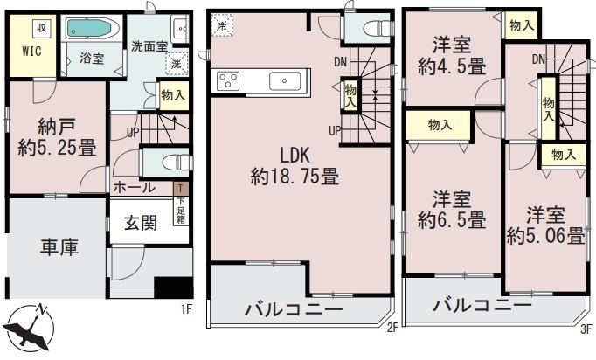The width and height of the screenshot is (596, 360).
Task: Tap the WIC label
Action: [x=32, y=52]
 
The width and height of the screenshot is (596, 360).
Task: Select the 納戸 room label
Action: [x=57, y=127]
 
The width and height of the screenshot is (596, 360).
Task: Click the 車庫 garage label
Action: [x=59, y=246]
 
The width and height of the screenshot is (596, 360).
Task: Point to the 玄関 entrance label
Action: [x=141, y=223]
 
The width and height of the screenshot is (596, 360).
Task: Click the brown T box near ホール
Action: [x=181, y=189]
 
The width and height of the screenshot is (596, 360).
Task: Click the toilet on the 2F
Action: [x=377, y=28]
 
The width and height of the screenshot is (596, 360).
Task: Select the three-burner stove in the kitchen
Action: [x=228, y=81]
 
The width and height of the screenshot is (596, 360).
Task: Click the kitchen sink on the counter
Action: [x=284, y=80]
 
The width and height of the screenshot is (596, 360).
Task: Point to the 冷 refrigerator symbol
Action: [x=222, y=25]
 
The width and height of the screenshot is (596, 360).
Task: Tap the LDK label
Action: [x=295, y=156]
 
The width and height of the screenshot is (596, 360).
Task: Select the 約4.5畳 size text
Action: [x=452, y=67]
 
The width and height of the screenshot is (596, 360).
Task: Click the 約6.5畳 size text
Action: [x=452, y=220]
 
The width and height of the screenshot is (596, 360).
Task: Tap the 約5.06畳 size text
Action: [x=545, y=236]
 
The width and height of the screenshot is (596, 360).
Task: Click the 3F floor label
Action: [x=586, y=328]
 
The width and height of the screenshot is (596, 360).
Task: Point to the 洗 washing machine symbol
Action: [x=177, y=63]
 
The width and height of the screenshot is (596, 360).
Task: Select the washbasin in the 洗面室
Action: [x=179, y=29]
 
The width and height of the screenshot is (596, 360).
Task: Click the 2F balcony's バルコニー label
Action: [x=294, y=310]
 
